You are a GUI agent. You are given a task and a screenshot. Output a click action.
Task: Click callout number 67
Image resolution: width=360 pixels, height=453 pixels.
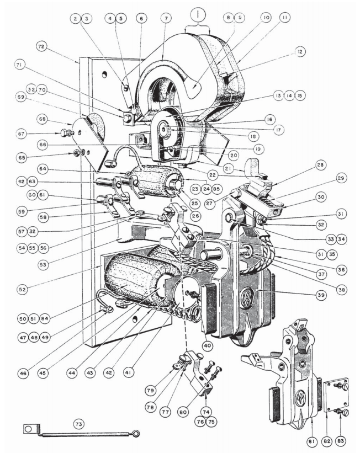(x=22, y=133)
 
